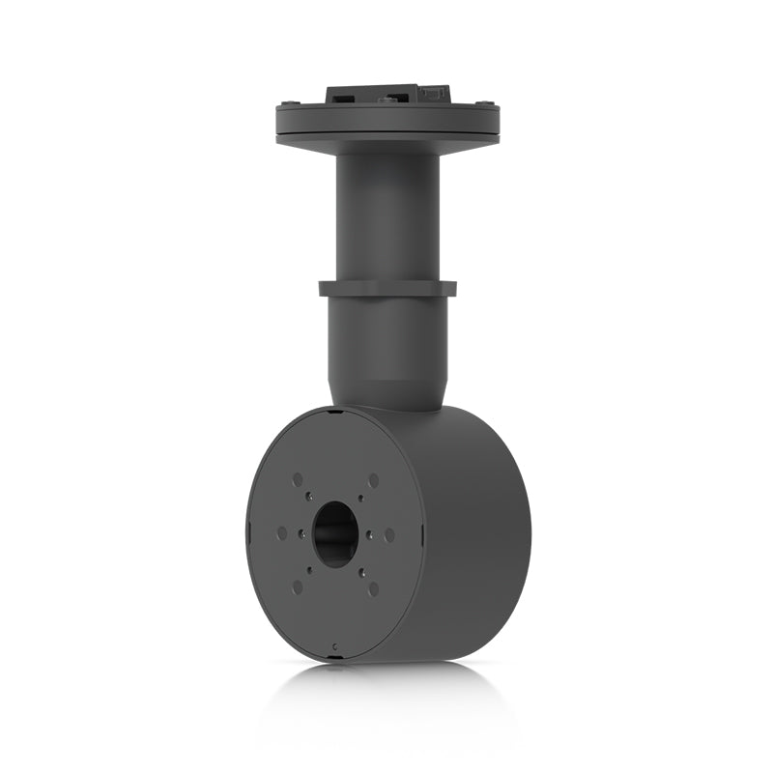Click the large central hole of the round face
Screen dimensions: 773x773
(335, 534)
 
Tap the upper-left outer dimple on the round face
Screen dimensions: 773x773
(297, 479)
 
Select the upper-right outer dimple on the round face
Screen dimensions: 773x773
(373, 480)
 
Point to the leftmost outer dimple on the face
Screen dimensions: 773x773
(281, 532)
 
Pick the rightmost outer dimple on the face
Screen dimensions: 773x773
(389, 534)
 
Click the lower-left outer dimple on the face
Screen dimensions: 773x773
(297, 587)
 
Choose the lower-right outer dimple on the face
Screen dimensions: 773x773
(373, 587)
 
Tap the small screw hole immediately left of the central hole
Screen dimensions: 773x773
(303, 533)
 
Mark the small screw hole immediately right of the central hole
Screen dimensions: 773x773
(368, 534)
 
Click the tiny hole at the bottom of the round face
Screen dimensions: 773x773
(334, 644)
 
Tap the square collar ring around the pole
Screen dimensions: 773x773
(386, 288)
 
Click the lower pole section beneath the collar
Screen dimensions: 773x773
(386, 348)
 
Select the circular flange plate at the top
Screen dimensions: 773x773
(386, 126)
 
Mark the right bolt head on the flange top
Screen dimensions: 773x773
(489, 105)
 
